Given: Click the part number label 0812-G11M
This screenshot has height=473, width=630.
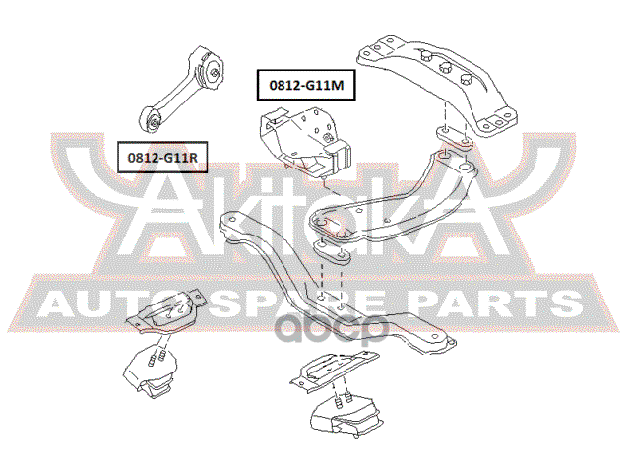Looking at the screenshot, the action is click(x=305, y=85).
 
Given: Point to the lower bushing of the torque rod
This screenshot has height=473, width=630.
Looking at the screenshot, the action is click(x=155, y=122).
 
